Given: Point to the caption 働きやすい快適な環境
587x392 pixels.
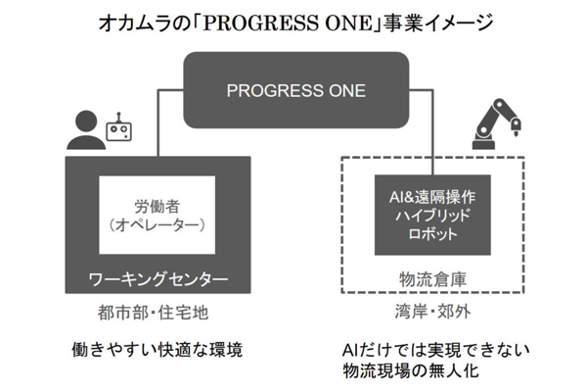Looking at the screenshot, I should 157,349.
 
